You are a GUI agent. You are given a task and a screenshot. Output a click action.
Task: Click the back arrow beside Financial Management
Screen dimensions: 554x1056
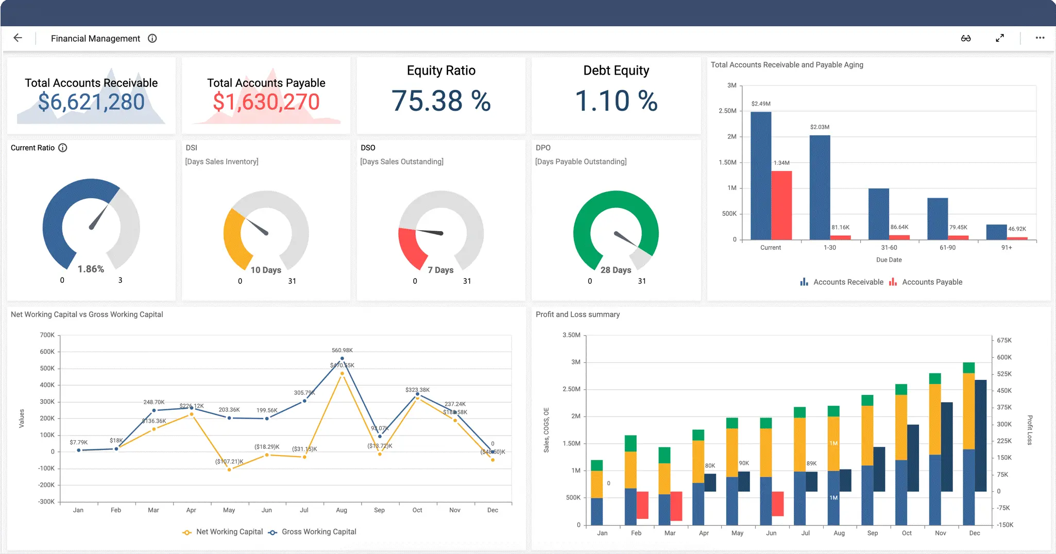(x=18, y=38)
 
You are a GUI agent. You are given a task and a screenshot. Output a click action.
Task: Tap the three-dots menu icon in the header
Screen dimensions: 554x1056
(x=1040, y=38)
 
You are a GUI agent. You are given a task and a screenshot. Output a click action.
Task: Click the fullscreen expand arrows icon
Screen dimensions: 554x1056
(x=999, y=38)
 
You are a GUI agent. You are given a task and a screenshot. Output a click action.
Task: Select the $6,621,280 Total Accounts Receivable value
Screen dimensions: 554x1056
(x=91, y=102)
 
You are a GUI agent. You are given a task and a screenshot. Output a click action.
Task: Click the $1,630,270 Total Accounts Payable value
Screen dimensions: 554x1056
(x=266, y=102)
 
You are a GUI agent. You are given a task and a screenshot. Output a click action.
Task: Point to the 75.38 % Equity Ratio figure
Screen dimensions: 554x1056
(x=441, y=101)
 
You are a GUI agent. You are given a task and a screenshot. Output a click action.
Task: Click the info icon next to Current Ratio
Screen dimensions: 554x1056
(x=63, y=148)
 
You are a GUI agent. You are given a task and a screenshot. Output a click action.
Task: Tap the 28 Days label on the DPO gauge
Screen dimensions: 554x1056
(x=616, y=270)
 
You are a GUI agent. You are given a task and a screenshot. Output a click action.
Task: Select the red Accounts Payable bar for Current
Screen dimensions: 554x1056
(x=781, y=205)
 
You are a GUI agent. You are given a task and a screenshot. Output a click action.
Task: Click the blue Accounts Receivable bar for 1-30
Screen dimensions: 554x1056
(x=820, y=187)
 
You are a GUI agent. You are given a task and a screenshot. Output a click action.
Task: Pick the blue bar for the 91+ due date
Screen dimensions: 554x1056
(x=996, y=232)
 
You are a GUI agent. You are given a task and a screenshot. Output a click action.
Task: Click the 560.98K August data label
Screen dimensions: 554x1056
(x=342, y=350)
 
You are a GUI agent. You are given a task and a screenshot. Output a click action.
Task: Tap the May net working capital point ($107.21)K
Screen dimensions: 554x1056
(x=229, y=469)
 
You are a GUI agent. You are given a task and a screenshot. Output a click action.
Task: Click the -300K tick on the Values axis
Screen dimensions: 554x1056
(x=46, y=501)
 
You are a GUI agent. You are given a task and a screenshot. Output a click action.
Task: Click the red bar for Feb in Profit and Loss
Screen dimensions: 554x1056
(x=642, y=505)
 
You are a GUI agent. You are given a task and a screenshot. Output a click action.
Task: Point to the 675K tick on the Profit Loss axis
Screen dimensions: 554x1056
(x=1004, y=340)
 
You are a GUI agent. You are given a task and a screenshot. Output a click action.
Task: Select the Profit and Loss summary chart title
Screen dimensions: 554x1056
(x=577, y=315)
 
